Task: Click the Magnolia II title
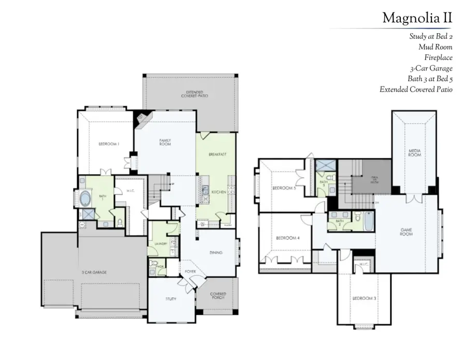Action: click(x=417, y=18)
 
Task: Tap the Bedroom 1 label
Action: click(x=109, y=144)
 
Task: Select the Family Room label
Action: click(x=165, y=142)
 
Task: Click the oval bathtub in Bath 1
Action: click(x=85, y=198)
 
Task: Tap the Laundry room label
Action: click(x=159, y=243)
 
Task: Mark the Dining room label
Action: click(x=216, y=253)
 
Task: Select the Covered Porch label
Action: click(x=218, y=296)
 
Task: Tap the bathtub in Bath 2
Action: click(x=368, y=221)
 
